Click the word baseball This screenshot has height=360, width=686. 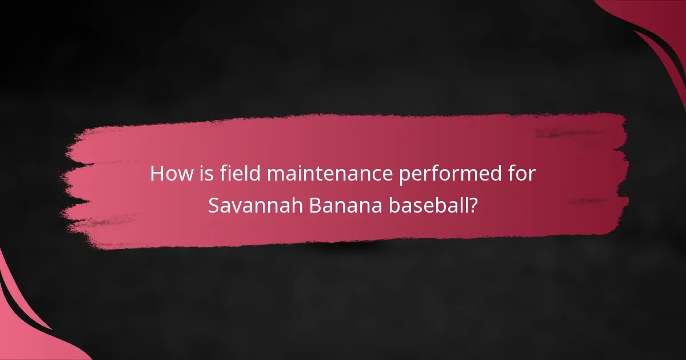pyautogui.click(x=427, y=206)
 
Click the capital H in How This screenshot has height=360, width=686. pyautogui.click(x=157, y=174)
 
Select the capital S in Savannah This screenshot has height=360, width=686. pyautogui.click(x=213, y=206)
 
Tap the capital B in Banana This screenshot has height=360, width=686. pyautogui.click(x=314, y=206)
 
